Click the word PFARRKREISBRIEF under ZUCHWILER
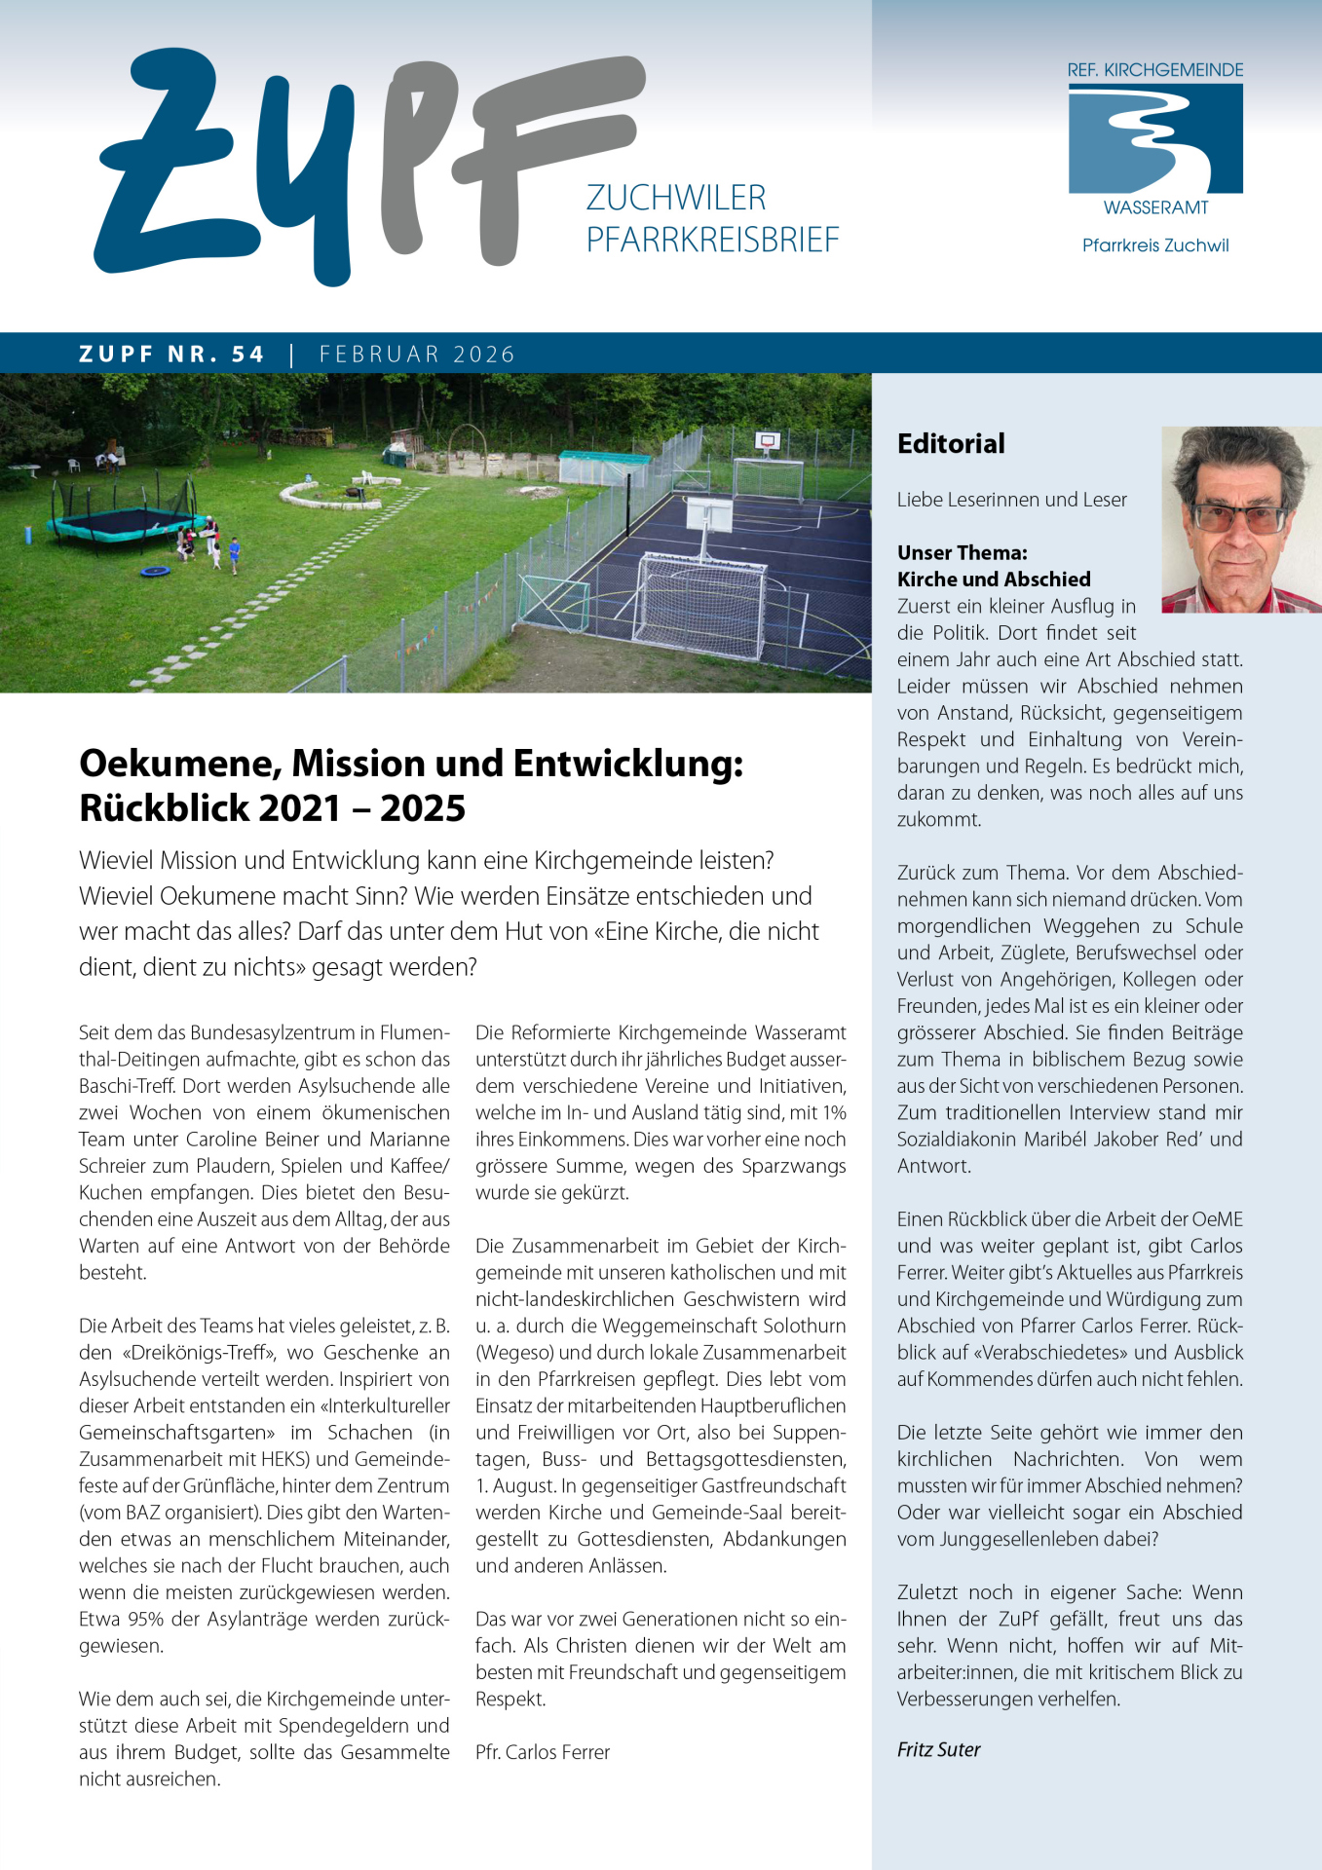coord(712,240)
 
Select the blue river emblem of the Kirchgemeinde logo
coord(1155,138)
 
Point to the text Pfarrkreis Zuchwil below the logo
coord(1155,245)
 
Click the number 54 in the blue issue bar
coord(247,355)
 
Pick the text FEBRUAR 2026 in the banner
coord(417,355)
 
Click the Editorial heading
coord(951,444)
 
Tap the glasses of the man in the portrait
coord(1237,517)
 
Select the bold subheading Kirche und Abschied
coord(994,580)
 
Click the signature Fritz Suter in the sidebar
coord(938,1749)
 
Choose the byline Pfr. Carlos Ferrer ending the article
coord(543,1752)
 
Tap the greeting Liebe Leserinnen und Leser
coord(1011,500)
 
